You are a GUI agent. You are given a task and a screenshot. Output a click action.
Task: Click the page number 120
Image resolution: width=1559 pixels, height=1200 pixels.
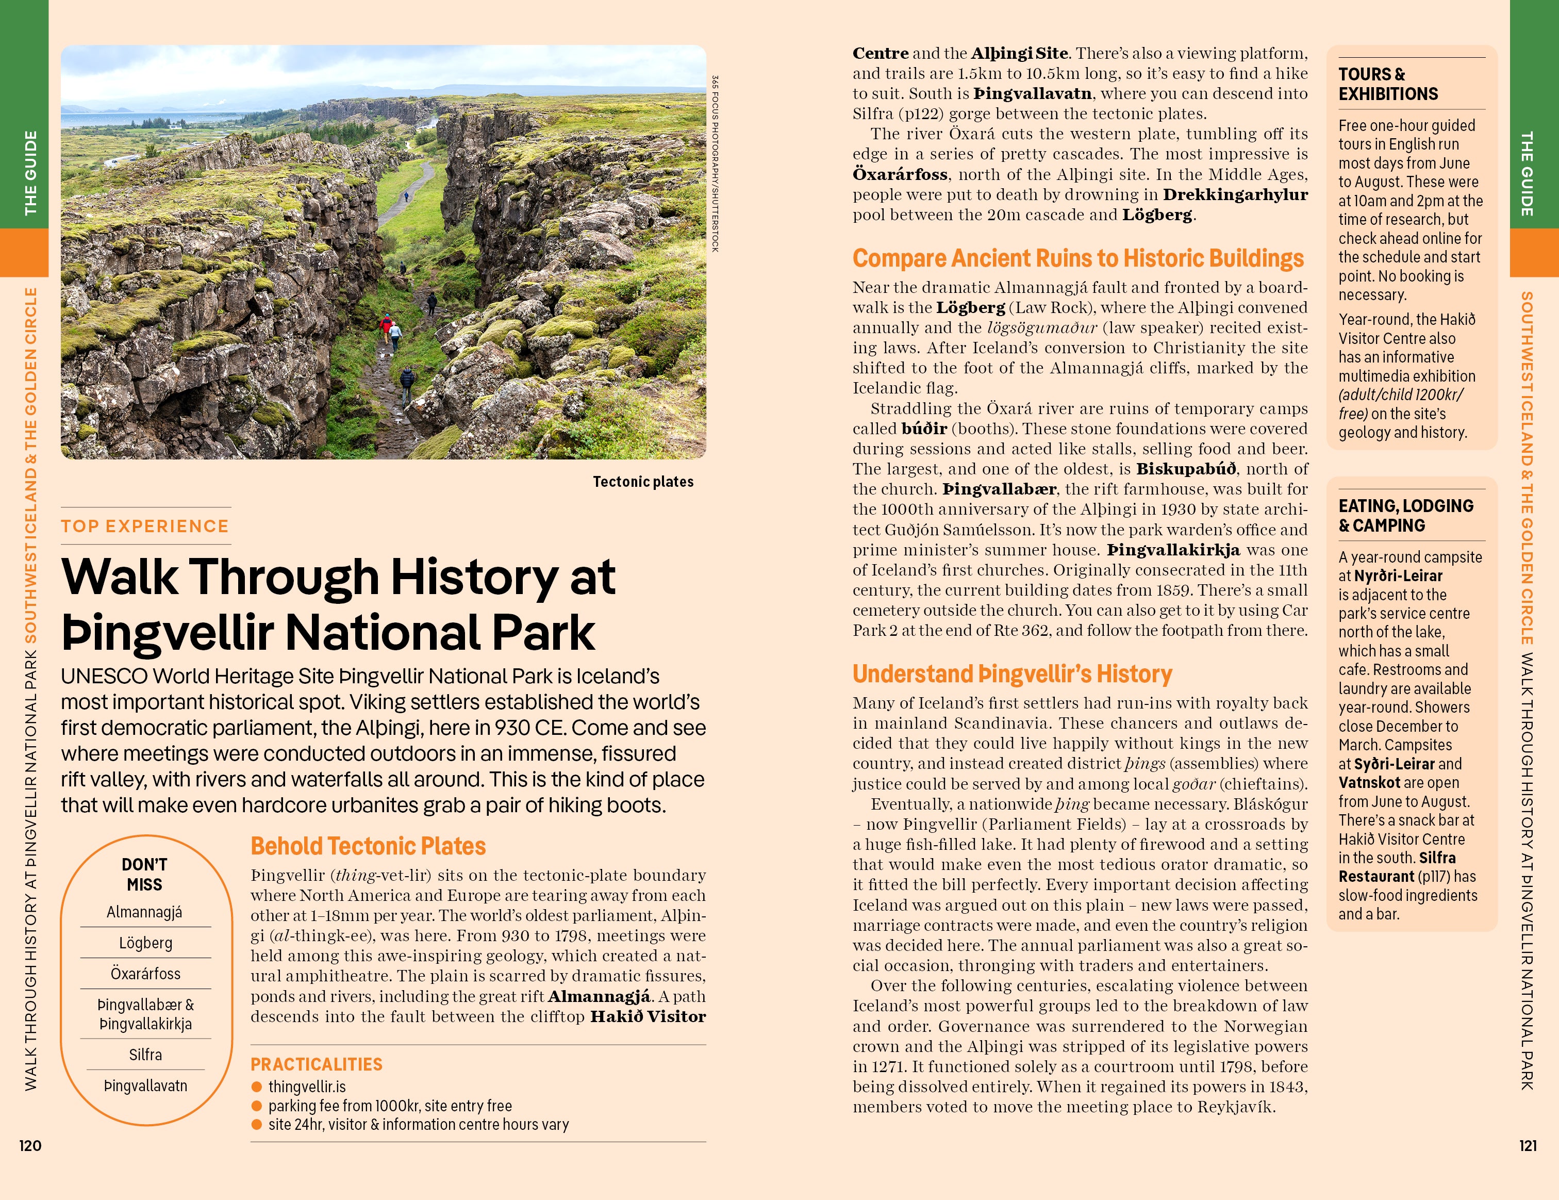pos(30,1146)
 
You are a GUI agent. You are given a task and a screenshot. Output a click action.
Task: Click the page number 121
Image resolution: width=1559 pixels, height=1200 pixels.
pos(1528,1146)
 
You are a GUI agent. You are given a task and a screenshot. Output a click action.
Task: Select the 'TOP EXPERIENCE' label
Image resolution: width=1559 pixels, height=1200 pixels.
pos(145,526)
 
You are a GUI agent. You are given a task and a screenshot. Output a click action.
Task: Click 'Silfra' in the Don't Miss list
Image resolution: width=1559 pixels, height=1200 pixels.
pos(145,1055)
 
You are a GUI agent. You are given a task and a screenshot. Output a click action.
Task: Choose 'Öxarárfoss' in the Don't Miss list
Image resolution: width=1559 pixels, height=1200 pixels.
pos(145,973)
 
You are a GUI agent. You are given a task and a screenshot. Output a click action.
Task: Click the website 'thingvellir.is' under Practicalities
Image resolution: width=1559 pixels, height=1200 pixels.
pos(307,1087)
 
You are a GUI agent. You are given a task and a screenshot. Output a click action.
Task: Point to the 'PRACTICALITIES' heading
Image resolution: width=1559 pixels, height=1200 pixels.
pos(316,1064)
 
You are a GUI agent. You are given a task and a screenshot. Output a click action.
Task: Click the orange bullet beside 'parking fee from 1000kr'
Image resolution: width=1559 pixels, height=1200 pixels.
pos(257,1106)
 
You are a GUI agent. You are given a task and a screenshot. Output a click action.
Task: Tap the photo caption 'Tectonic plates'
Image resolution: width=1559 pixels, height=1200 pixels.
pos(642,482)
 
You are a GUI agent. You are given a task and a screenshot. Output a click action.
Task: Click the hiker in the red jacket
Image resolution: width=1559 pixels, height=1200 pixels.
pos(386,325)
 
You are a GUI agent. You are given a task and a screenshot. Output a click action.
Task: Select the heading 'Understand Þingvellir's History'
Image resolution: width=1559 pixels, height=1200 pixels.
pos(1012,674)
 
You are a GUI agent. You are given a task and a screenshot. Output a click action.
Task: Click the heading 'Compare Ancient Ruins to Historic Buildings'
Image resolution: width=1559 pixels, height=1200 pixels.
pos(1078,258)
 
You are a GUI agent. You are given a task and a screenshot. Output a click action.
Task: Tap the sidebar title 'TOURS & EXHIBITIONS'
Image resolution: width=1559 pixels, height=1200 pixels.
pos(1388,84)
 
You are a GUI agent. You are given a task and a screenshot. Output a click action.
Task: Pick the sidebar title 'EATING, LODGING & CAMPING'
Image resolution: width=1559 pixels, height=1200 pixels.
pos(1405,515)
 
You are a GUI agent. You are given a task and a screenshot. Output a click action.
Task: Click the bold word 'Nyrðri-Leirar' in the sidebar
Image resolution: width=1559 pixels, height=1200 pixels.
pos(1398,576)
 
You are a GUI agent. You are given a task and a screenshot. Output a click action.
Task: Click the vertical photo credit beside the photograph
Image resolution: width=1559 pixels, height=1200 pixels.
pos(715,163)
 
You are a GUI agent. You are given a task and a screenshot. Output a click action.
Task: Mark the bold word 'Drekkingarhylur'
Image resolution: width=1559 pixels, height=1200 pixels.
pos(1235,195)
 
